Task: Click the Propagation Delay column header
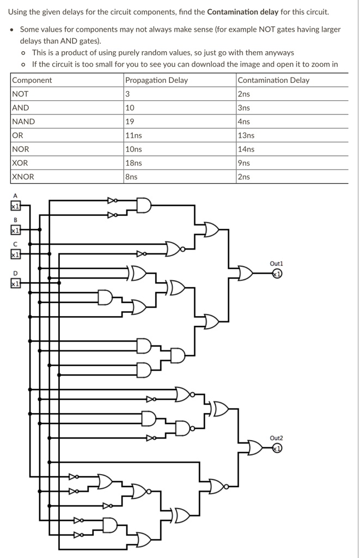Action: (x=156, y=80)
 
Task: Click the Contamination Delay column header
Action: (x=273, y=80)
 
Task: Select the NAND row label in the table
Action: (x=23, y=122)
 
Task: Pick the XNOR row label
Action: (x=23, y=177)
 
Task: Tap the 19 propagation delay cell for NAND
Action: (x=130, y=122)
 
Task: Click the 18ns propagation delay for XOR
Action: (x=133, y=162)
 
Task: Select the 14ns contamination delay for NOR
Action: (x=246, y=149)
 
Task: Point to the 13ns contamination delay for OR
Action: (x=246, y=135)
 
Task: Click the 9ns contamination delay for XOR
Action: (x=244, y=162)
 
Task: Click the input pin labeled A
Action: (x=15, y=206)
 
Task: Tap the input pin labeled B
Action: (x=15, y=231)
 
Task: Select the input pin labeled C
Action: (x=15, y=254)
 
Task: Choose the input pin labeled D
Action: (x=15, y=283)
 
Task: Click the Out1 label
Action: (x=277, y=263)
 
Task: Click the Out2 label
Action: (x=277, y=438)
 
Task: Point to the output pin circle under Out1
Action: (x=277, y=274)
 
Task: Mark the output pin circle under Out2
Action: (x=277, y=448)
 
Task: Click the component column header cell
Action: (x=32, y=80)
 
